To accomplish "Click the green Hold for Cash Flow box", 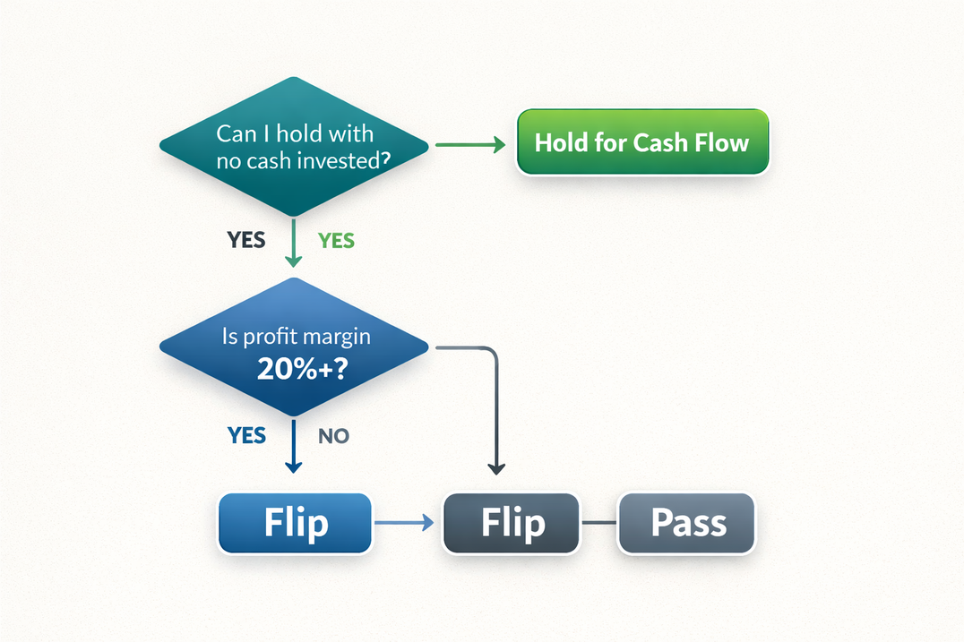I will point(642,142).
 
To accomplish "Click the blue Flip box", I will point(295,523).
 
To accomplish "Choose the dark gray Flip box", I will point(512,523).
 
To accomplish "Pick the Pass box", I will point(687,523).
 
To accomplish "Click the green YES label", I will point(336,241).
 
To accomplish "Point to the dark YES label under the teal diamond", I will point(245,241).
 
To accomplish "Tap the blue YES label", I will point(246,435).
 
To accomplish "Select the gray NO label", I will point(334,436).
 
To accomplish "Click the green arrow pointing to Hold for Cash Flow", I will point(470,144).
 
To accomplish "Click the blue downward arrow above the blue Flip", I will point(293,448).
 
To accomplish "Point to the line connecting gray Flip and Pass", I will point(599,523).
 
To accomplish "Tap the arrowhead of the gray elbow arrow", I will point(495,467).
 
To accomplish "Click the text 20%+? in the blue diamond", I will point(295,370).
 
